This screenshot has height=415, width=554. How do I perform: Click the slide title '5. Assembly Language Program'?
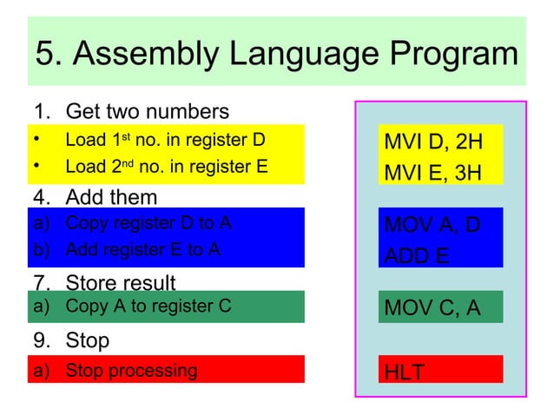(x=276, y=54)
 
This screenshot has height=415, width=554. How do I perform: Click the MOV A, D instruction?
(x=432, y=226)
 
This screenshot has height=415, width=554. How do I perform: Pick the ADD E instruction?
(x=417, y=256)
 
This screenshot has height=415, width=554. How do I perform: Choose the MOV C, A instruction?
(x=432, y=308)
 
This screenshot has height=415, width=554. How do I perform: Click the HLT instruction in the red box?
(x=405, y=372)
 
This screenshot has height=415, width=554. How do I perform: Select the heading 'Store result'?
(x=121, y=283)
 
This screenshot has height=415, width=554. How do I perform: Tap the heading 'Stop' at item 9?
(x=88, y=340)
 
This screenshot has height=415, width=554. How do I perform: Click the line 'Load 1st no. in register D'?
(x=165, y=139)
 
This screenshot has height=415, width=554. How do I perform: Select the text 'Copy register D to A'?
(x=148, y=222)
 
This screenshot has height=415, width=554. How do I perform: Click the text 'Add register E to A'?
(x=142, y=249)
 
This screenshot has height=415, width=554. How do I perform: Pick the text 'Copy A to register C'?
(x=148, y=306)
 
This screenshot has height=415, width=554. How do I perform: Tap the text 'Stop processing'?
(x=131, y=371)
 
